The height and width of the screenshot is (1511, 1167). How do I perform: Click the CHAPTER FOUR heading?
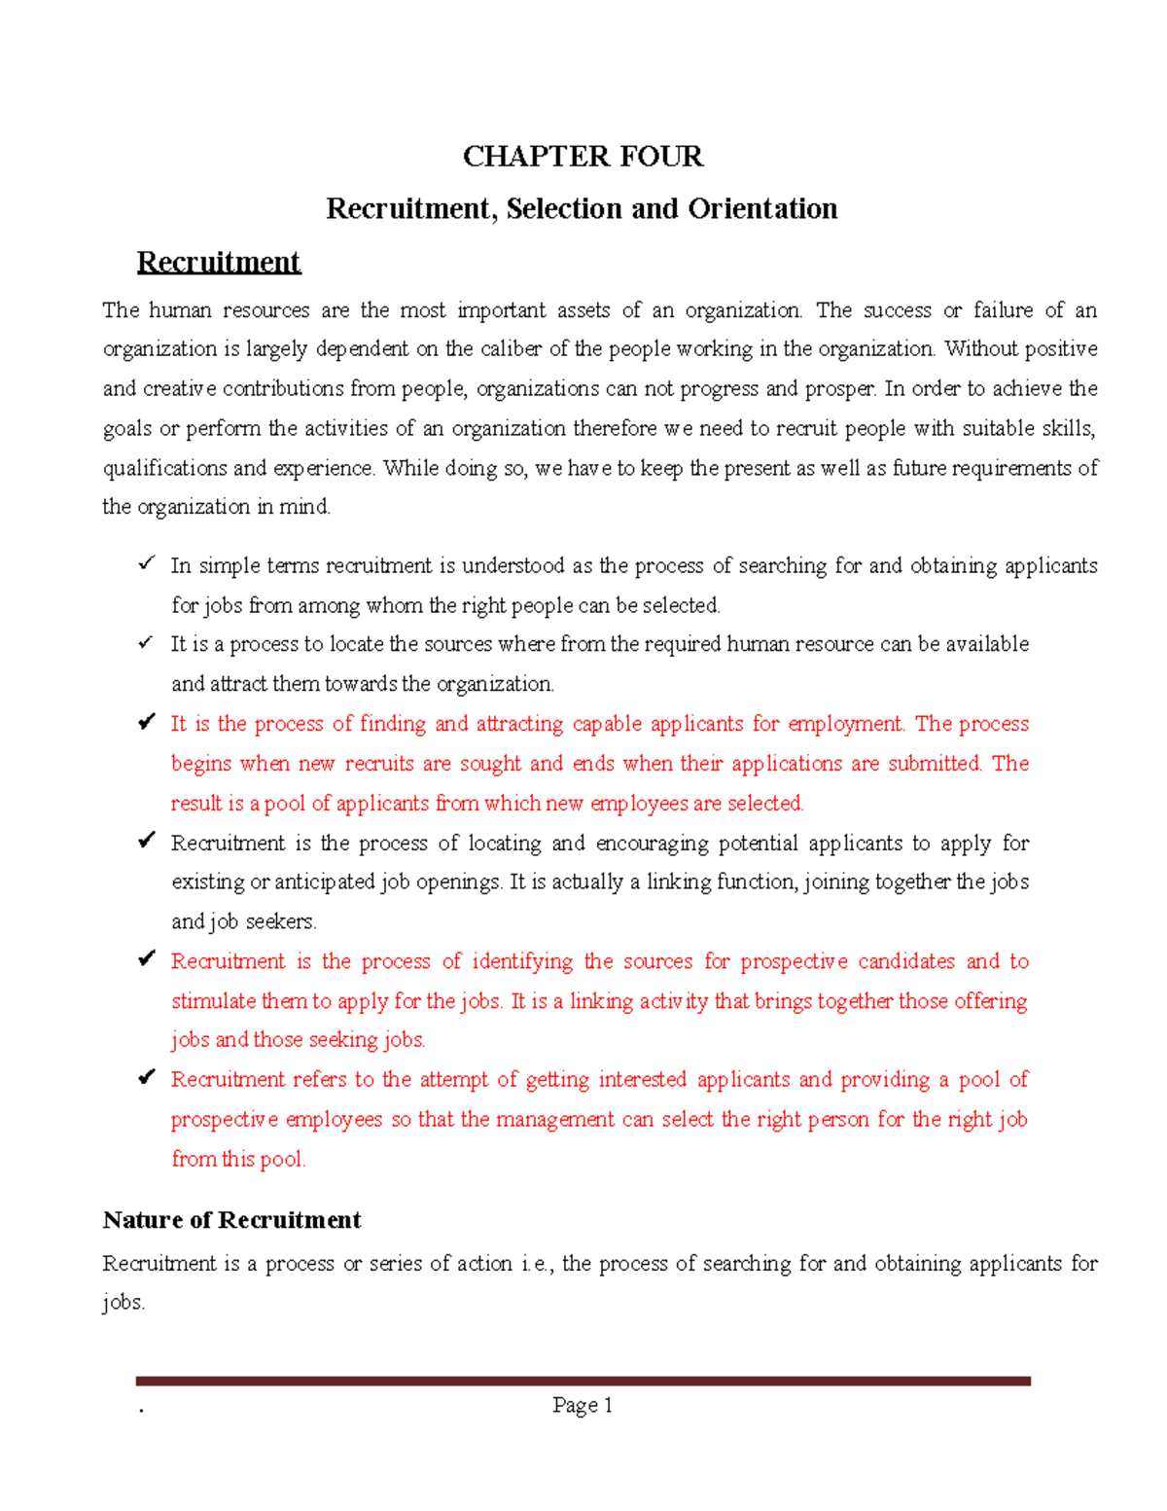583,157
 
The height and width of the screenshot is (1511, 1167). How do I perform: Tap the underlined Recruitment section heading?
218,262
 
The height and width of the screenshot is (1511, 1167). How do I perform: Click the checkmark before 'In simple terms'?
146,563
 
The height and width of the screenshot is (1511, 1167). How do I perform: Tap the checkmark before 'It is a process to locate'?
146,642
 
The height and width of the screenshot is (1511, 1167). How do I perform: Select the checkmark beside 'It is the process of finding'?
146,722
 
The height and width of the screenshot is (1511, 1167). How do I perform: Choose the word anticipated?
325,882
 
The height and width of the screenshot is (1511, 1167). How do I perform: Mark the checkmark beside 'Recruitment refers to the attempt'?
146,1077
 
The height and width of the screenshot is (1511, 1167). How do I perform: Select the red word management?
554,1120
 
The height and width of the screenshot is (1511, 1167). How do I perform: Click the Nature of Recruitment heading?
231,1220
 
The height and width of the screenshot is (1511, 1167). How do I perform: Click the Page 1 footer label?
582,1405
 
